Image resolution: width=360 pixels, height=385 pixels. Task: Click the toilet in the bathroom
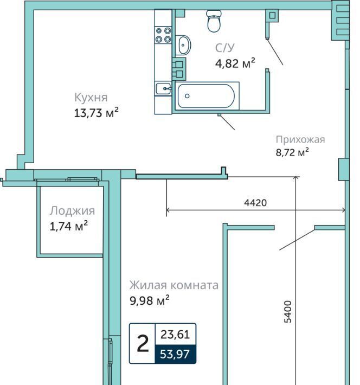(214, 21)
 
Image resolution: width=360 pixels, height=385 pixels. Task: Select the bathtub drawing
(207, 96)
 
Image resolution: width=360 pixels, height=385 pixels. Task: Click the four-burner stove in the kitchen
(163, 35)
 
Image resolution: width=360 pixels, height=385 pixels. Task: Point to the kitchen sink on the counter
(163, 88)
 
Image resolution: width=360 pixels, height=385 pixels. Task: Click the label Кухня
(91, 98)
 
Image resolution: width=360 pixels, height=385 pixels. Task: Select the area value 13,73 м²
(97, 112)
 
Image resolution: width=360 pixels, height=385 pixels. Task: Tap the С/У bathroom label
(225, 48)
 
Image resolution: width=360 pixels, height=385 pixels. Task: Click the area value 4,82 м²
(235, 63)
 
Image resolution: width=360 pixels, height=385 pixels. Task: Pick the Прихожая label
(300, 139)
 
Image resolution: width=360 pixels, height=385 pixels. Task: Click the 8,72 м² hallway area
(292, 152)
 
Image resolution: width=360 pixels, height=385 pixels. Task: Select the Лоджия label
(72, 211)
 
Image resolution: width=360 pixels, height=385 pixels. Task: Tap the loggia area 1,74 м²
(69, 226)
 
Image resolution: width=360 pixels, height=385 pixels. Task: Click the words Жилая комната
(174, 285)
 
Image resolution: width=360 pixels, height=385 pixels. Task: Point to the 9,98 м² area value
(150, 300)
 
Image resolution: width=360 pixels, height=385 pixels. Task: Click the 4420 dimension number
(255, 203)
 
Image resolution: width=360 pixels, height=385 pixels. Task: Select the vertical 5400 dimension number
(287, 312)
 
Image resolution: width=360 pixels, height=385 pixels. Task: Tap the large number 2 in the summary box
(143, 343)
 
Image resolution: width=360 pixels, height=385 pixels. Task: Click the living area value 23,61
(175, 335)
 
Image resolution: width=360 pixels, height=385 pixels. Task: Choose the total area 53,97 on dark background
(175, 354)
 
